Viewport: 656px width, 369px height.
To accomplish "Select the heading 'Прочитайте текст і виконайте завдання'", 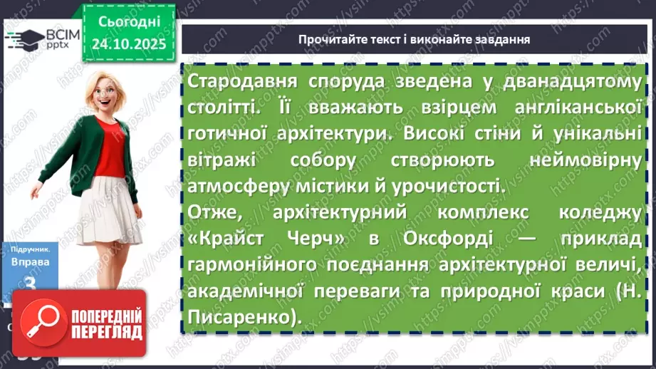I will pyautogui.click(x=414, y=39).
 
